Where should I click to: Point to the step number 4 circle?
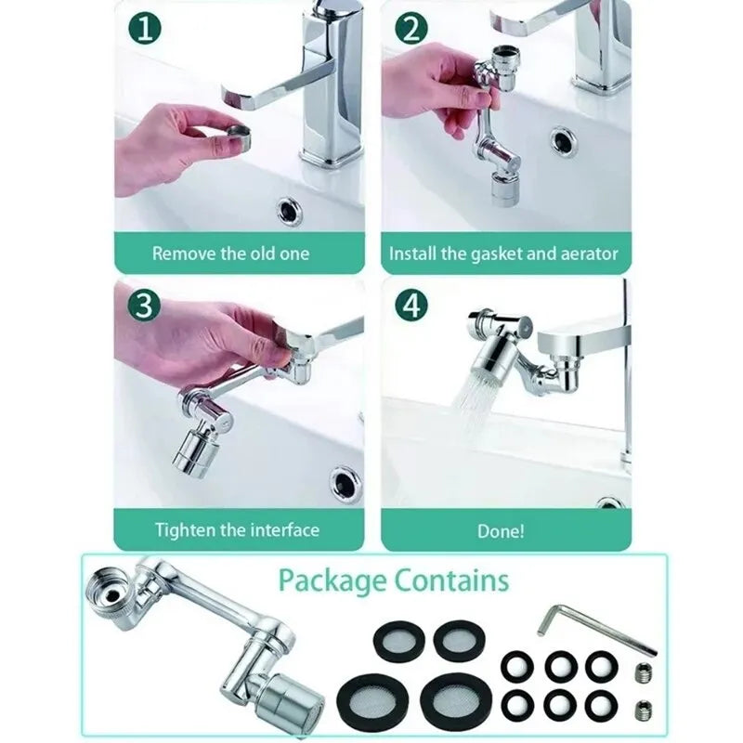coord(411,306)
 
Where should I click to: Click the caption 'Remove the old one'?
coord(231,253)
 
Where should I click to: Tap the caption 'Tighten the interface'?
coord(237,530)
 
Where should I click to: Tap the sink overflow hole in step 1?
coord(290,210)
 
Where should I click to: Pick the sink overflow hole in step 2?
coord(563,140)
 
